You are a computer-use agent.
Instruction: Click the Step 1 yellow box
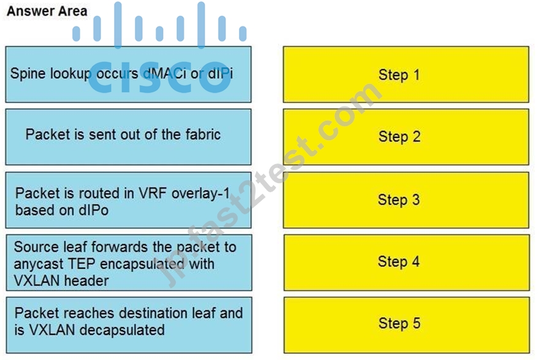406,75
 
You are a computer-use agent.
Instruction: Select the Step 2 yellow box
406,137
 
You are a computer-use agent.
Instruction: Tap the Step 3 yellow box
406,200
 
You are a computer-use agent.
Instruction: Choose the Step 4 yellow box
407,263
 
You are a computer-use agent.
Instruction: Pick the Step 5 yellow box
407,325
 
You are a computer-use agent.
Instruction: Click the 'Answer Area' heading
47,11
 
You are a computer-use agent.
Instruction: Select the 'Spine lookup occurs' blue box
128,75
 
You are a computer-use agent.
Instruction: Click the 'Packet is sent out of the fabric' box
128,137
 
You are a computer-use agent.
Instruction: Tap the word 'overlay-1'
200,193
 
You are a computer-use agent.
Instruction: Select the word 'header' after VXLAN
86,280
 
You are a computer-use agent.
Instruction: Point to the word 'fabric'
203,134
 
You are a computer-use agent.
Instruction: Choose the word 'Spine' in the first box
28,73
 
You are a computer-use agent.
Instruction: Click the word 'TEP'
81,264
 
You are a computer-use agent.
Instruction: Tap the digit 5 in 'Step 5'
417,323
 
